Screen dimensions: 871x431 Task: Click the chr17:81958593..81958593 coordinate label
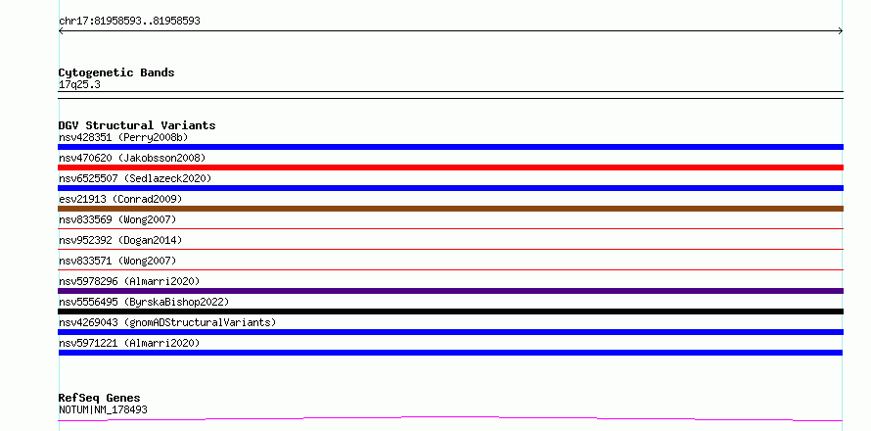click(129, 22)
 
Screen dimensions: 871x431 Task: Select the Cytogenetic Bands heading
click(116, 72)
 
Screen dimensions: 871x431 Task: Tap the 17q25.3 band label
click(79, 85)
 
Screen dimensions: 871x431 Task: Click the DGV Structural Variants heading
click(137, 125)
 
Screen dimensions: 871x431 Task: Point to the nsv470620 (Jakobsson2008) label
click(132, 158)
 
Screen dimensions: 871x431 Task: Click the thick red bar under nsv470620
click(450, 168)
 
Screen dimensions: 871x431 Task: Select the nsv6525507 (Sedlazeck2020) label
click(135, 178)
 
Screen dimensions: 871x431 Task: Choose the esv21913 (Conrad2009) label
click(120, 199)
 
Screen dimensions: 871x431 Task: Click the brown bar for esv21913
click(450, 209)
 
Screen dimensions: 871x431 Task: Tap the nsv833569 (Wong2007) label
click(117, 219)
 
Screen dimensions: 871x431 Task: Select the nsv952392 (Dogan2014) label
click(120, 240)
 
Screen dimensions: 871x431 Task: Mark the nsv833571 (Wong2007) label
click(117, 261)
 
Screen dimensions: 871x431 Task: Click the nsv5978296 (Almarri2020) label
click(129, 281)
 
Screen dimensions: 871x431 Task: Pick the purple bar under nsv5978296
click(450, 291)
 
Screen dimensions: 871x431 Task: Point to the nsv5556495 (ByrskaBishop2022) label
click(144, 302)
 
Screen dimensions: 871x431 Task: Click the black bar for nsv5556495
click(450, 311)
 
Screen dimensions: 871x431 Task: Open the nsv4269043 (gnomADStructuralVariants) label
click(167, 322)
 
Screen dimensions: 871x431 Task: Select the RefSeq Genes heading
click(100, 398)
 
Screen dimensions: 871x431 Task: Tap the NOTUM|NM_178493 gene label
click(103, 410)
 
